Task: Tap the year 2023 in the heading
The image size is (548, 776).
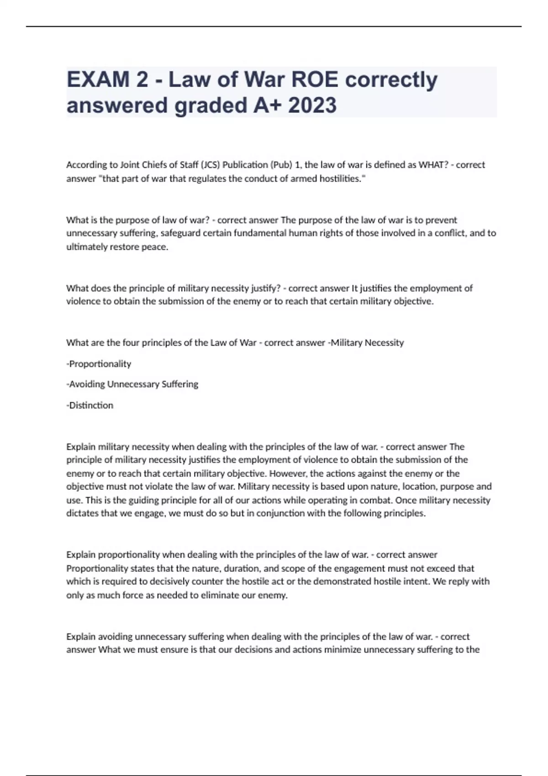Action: coord(312,105)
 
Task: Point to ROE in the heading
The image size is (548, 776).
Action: coord(315,79)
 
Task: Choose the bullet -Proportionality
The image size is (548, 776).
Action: coord(99,364)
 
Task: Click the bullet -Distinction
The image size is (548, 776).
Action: coord(90,405)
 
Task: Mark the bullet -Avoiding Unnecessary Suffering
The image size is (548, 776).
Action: coord(132,384)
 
